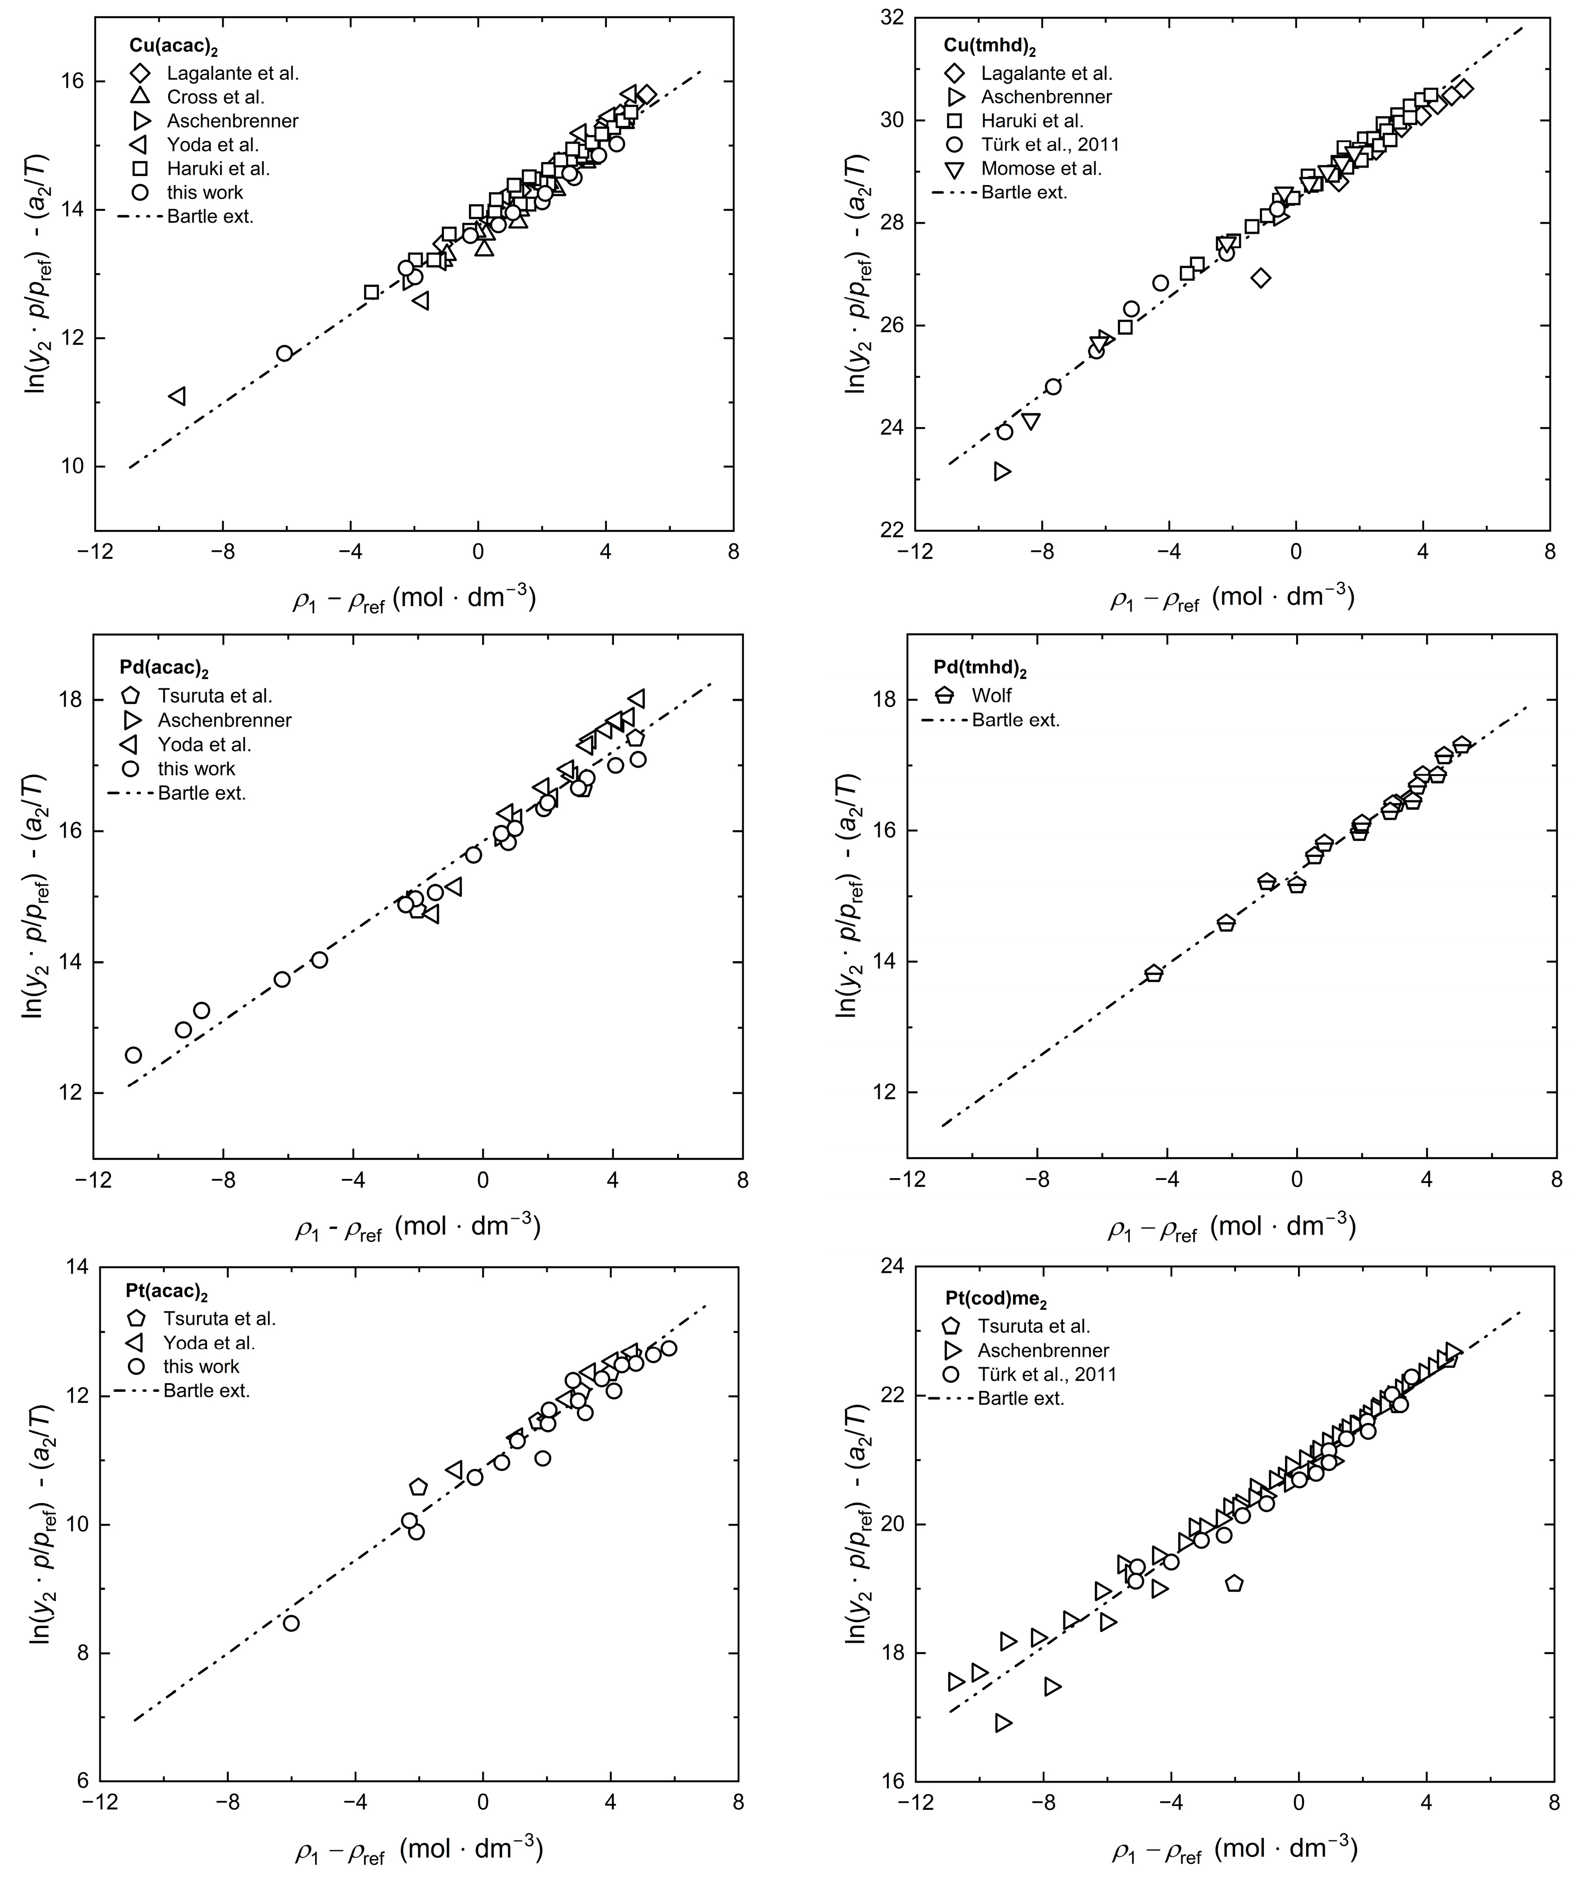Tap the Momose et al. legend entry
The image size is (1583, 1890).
tap(1040, 168)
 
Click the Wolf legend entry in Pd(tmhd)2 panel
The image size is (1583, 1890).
tap(991, 696)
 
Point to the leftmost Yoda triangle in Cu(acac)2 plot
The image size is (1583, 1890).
tap(177, 396)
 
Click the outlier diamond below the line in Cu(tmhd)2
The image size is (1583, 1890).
tap(1261, 278)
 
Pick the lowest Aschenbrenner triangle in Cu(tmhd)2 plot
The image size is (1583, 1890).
tap(1002, 472)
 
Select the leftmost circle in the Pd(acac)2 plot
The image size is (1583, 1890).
tap(133, 1055)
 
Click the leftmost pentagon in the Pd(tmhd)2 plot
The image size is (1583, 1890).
tap(1154, 974)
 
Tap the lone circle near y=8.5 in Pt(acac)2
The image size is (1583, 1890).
tap(291, 1624)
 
